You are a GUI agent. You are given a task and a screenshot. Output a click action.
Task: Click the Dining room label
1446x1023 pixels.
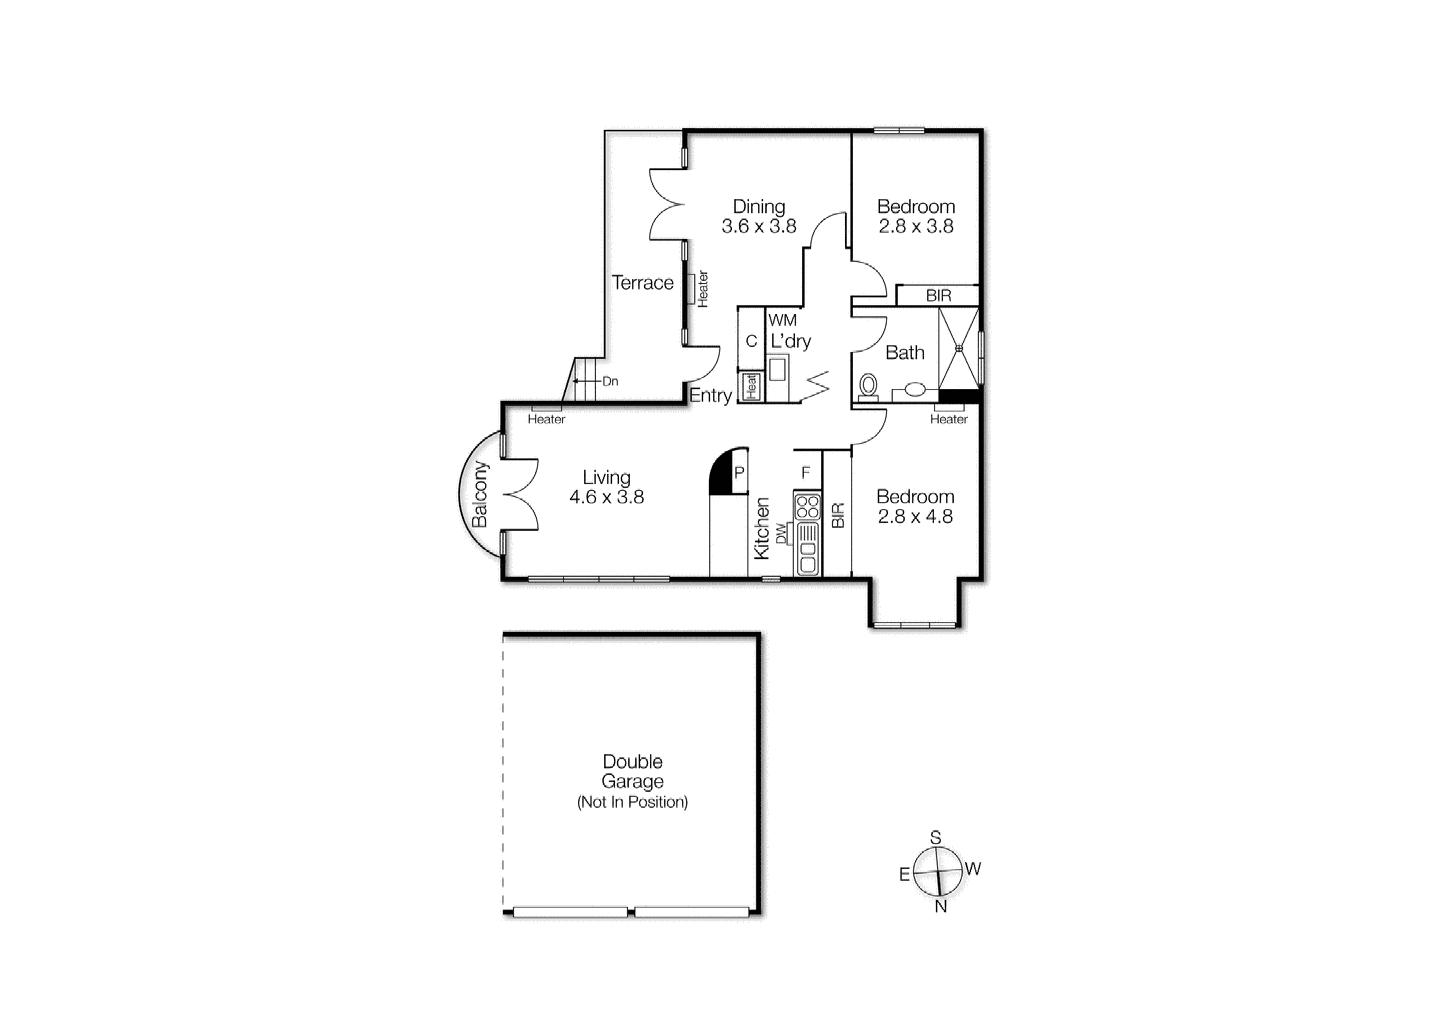coord(758,207)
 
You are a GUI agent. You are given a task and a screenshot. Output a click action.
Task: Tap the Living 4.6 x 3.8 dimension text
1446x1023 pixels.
coord(606,497)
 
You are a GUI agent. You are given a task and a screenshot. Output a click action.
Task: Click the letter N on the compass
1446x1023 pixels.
coord(940,906)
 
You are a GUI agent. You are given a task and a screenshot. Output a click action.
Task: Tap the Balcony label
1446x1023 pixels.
coord(480,494)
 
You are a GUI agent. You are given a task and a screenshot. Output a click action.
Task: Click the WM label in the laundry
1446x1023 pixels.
coord(782,320)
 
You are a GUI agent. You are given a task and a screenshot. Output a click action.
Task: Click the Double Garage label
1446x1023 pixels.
coord(632,771)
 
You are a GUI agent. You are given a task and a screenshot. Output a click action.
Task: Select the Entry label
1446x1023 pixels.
coord(710,395)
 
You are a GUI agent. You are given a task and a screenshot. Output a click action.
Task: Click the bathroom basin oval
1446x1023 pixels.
coord(914,390)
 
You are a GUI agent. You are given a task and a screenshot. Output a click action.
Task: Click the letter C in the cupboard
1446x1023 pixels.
coord(751,341)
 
